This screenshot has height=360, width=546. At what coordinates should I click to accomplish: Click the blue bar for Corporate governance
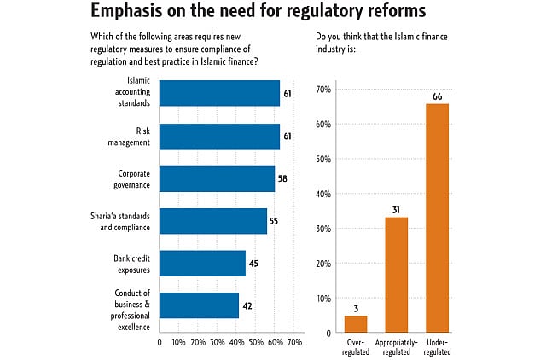[x=217, y=178]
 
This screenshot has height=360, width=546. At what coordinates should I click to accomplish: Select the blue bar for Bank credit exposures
[x=202, y=263]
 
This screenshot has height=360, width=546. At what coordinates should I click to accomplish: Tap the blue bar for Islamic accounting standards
[x=219, y=94]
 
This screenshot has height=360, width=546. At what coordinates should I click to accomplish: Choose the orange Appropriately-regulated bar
[x=398, y=274]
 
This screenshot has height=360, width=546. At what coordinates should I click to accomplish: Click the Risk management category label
[x=133, y=136]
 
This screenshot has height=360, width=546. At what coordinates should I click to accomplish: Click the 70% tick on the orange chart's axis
[x=324, y=89]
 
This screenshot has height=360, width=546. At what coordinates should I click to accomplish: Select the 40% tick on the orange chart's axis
[x=324, y=194]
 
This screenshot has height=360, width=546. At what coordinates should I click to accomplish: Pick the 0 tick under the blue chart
[x=160, y=342]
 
